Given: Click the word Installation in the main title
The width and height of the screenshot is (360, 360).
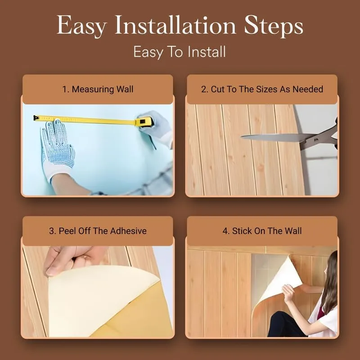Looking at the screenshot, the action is pyautogui.click(x=175, y=25).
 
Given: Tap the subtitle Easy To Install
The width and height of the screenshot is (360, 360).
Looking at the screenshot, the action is pyautogui.click(x=180, y=52).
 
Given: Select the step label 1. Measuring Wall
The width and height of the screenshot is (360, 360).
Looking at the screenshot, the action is pyautogui.click(x=98, y=89).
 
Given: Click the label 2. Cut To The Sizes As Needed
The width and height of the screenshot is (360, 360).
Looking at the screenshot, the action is pyautogui.click(x=262, y=89).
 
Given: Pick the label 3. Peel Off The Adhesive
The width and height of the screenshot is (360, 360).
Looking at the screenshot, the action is pyautogui.click(x=98, y=231).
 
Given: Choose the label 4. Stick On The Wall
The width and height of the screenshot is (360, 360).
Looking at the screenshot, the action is pyautogui.click(x=262, y=231).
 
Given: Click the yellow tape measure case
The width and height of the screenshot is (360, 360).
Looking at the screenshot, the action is pyautogui.click(x=144, y=122).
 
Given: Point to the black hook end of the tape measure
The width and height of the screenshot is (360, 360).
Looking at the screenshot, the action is pyautogui.click(x=36, y=118).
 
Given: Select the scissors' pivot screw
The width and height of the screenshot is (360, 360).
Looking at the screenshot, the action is pyautogui.click(x=316, y=140).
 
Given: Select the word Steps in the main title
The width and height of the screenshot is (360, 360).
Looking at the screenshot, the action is pyautogui.click(x=274, y=26).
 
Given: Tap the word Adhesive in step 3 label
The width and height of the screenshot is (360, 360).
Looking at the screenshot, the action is pyautogui.click(x=128, y=231).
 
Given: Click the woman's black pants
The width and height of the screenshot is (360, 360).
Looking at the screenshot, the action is pyautogui.click(x=287, y=324).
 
